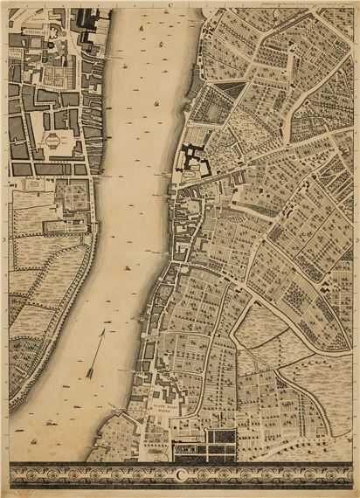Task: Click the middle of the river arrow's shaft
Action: pyautogui.click(x=96, y=352)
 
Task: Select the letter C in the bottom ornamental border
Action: pyautogui.click(x=181, y=475)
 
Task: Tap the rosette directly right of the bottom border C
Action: pyautogui.click(x=193, y=475)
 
